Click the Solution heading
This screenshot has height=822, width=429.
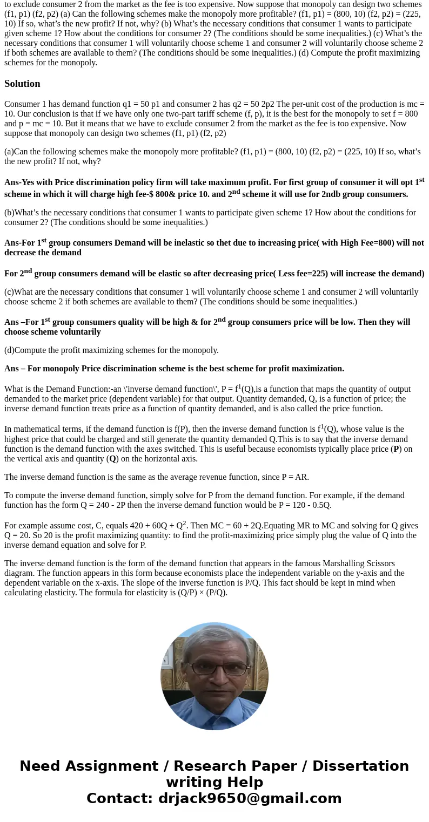22,84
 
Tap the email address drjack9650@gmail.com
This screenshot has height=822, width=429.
250,798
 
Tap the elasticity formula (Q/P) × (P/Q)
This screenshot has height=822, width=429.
195,593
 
